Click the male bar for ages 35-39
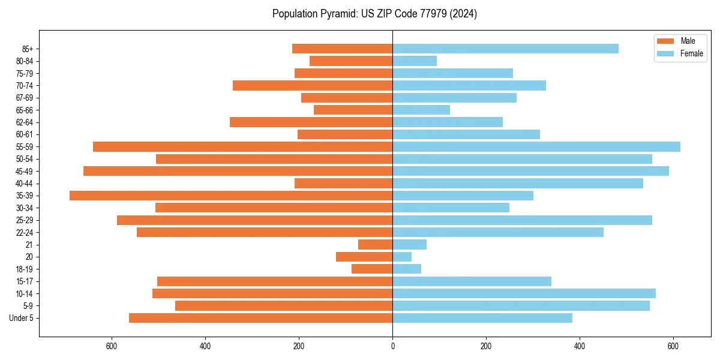[x=231, y=196]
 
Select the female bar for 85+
[x=505, y=49]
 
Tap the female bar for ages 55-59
[x=536, y=146]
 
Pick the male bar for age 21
[x=375, y=245]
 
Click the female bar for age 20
[x=402, y=257]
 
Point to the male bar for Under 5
[x=260, y=318]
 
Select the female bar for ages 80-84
[x=415, y=61]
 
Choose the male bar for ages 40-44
[x=343, y=183]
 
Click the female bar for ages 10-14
[x=524, y=293]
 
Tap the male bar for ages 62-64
[x=311, y=122]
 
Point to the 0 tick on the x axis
[x=392, y=346]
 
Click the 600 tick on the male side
[x=111, y=346]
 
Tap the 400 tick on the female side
[x=580, y=346]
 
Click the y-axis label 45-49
[x=25, y=171]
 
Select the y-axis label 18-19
[x=25, y=269]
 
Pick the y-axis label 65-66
[x=25, y=110]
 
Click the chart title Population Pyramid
[x=374, y=14]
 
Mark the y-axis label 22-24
[x=25, y=232]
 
